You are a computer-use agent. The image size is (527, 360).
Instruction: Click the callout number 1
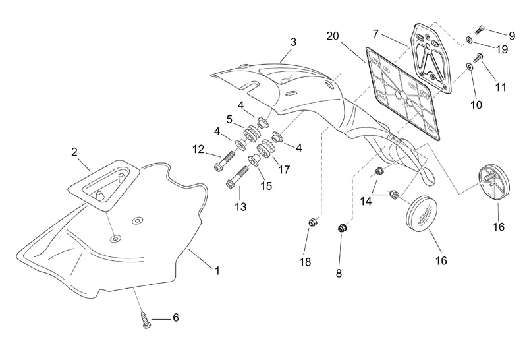(x=217, y=270)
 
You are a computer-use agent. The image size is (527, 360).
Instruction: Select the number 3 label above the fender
(x=292, y=42)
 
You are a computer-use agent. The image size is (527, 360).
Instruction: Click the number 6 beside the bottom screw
(x=175, y=317)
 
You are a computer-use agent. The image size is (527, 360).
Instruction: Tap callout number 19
(x=502, y=49)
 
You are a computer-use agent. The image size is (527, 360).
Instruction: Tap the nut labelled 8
(x=342, y=228)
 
